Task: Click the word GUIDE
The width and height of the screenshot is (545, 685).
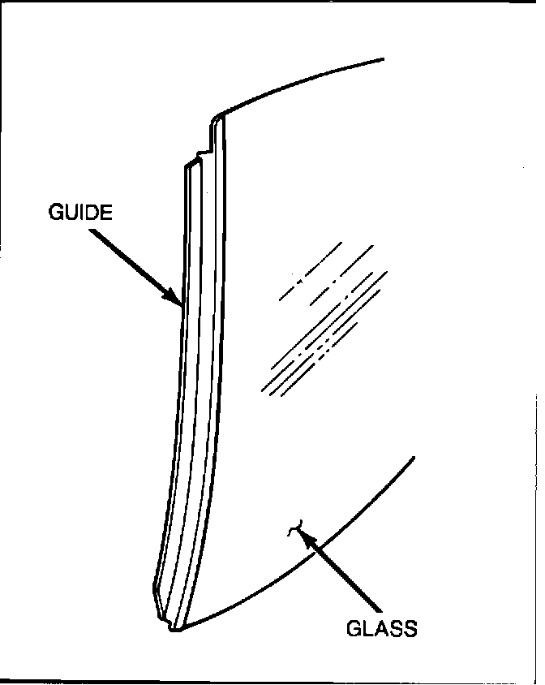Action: click(80, 213)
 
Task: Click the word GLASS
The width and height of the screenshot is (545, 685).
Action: click(381, 628)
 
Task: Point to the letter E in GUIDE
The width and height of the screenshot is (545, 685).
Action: click(105, 213)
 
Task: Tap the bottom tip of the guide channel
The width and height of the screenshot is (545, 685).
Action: click(175, 627)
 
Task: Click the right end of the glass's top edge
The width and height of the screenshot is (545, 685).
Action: click(381, 59)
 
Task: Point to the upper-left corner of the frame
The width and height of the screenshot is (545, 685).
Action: click(2, 2)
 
